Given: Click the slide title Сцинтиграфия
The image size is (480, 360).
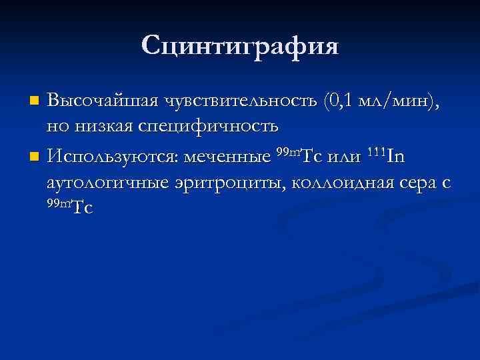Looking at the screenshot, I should tap(240, 46).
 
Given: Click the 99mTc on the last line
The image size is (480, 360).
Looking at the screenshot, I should tap(69, 207).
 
